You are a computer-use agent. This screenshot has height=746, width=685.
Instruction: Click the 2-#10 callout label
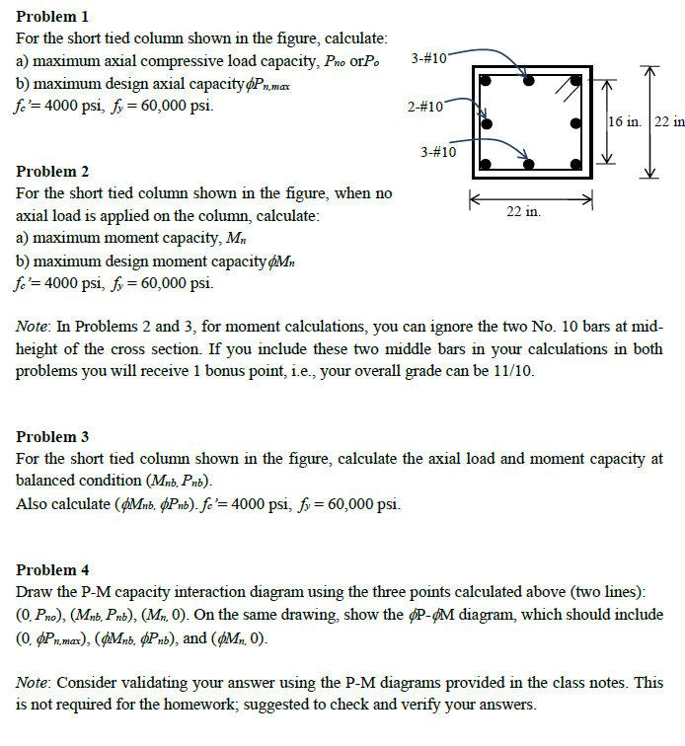pos(425,106)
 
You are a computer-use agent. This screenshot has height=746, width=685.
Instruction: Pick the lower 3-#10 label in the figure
pos(438,152)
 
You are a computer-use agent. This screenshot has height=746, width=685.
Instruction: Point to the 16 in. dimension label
pos(624,122)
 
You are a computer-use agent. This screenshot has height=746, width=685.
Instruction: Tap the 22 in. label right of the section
pos(669,122)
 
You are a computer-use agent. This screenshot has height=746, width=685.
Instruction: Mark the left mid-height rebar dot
pos(486,123)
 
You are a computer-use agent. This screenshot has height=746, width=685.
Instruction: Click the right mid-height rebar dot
pos(576,123)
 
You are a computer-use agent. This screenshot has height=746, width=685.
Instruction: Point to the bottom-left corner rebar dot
pos(486,164)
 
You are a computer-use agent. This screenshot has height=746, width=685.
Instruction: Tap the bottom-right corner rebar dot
pos(576,164)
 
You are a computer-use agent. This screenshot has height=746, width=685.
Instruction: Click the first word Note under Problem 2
pos(35,325)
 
